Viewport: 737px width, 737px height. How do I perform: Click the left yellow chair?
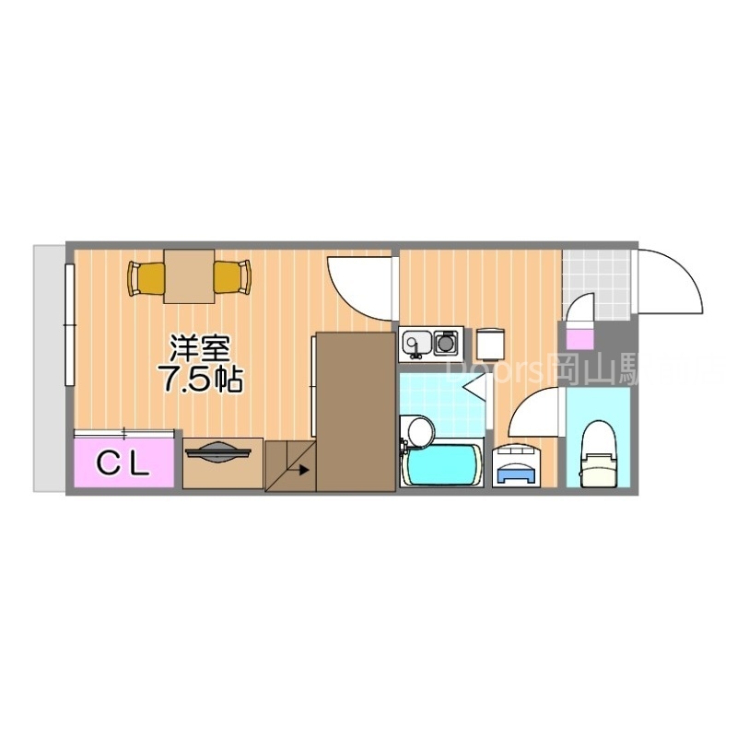[146, 277]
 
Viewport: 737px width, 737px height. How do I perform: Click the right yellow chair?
[232, 277]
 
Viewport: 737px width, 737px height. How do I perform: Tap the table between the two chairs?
[189, 275]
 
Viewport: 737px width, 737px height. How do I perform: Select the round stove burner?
[448, 344]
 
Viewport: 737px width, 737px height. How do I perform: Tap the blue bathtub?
[442, 465]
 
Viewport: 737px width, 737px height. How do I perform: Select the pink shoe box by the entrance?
[581, 319]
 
